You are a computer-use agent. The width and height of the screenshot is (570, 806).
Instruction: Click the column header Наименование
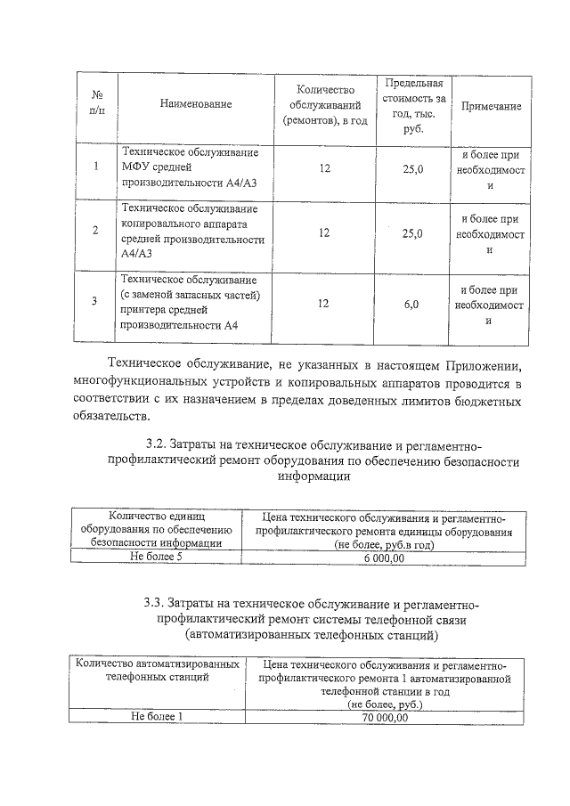195,104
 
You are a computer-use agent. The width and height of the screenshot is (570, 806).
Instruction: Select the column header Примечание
490,106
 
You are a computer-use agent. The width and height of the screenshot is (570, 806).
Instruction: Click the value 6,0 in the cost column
411,305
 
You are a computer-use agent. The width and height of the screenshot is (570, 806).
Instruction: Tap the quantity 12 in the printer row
324,304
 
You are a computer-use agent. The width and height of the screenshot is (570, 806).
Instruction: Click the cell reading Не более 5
156,558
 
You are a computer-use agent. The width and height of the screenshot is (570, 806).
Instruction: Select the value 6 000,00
384,558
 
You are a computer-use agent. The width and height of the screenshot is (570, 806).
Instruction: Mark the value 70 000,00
384,717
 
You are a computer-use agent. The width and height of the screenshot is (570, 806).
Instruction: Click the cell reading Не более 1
156,716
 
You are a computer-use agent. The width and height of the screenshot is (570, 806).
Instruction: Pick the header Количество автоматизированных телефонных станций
157,671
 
